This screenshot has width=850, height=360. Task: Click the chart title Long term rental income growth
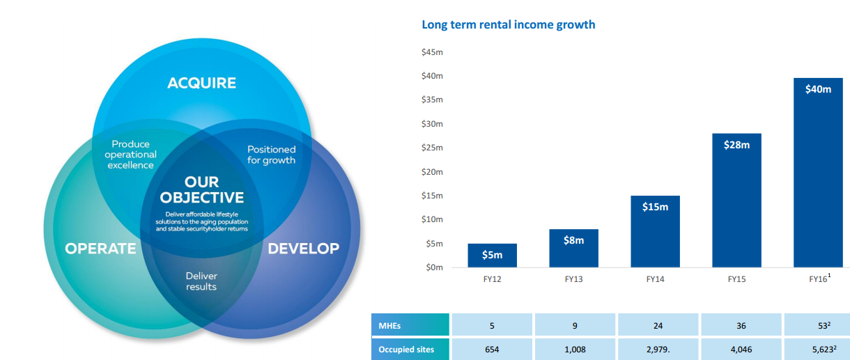click(509, 24)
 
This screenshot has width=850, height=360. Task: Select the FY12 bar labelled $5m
click(492, 256)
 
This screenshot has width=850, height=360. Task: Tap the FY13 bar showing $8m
click(574, 248)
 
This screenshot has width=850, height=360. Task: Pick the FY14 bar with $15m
click(656, 231)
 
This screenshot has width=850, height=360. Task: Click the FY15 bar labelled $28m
click(737, 201)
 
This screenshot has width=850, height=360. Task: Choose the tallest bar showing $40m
click(818, 173)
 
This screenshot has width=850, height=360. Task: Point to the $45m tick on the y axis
click(432, 52)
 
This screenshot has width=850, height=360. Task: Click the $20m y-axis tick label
click(432, 172)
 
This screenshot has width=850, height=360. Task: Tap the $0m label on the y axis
click(435, 267)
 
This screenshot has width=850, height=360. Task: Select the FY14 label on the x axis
click(656, 279)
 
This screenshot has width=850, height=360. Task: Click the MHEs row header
click(410, 325)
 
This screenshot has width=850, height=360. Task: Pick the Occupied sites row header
click(410, 349)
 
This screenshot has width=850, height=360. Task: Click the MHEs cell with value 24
click(658, 325)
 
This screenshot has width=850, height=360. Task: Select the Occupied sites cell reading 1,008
click(575, 349)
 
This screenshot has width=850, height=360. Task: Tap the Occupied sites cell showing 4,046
click(741, 349)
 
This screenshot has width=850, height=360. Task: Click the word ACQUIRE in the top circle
click(202, 83)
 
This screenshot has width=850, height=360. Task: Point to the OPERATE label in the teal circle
click(100, 249)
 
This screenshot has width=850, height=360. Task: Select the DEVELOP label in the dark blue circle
click(304, 249)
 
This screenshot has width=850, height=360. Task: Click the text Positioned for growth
click(271, 155)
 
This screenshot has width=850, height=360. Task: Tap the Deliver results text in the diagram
click(201, 281)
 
